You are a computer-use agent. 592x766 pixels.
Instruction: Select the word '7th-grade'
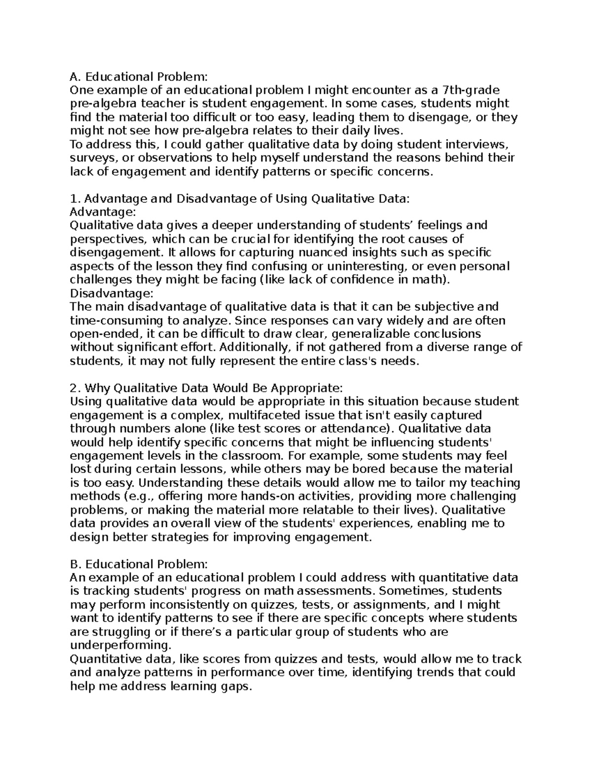pos(473,90)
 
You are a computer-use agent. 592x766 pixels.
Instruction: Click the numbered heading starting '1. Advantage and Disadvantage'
pos(240,199)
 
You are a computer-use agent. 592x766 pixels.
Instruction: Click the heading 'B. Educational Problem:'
pos(139,564)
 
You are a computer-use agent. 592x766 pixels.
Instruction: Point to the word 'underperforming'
pos(118,645)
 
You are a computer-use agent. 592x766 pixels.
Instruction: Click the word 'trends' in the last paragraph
pos(436,672)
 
